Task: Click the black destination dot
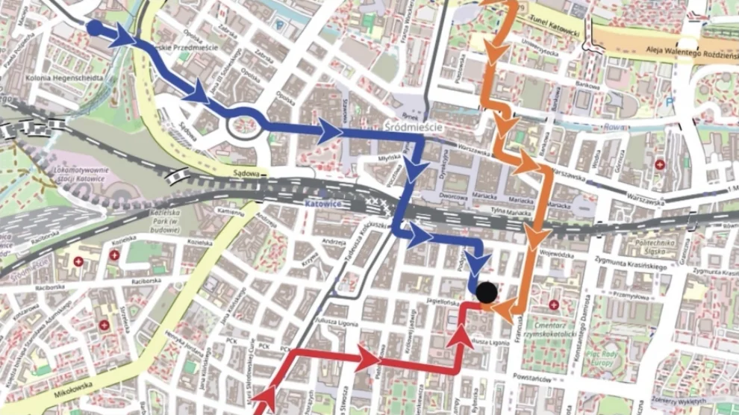487,293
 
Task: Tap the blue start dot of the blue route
95,28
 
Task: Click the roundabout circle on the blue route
246,123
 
